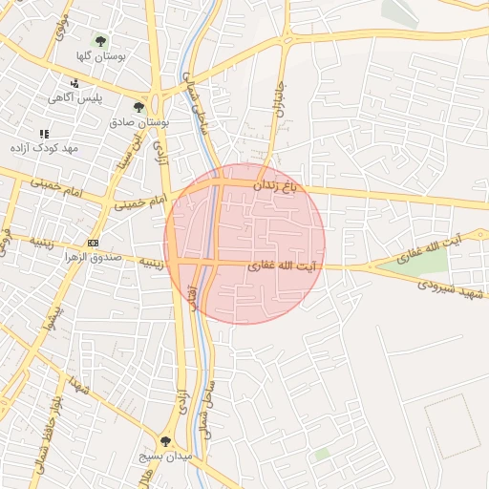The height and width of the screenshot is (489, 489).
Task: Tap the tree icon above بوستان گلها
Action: point(101,41)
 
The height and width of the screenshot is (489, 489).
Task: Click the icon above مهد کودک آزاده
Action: point(43,134)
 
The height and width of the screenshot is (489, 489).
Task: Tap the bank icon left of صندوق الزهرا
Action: point(93,244)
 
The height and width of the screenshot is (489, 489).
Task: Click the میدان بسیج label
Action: point(172,457)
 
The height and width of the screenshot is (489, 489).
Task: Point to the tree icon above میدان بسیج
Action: point(165,441)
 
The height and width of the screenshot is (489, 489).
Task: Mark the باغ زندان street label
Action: point(276,186)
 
